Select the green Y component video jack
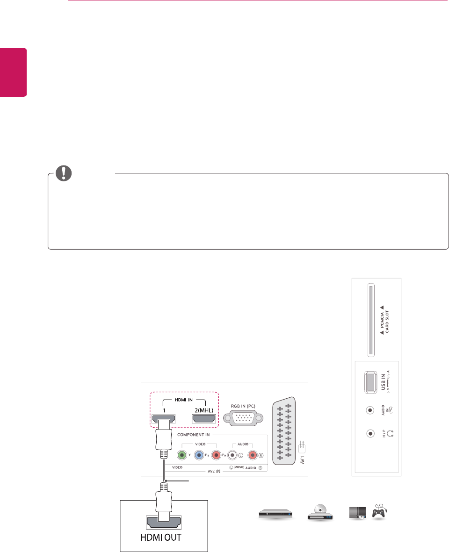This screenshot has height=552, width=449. click(x=182, y=455)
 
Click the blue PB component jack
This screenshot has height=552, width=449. click(x=199, y=455)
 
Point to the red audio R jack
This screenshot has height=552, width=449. click(x=253, y=455)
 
